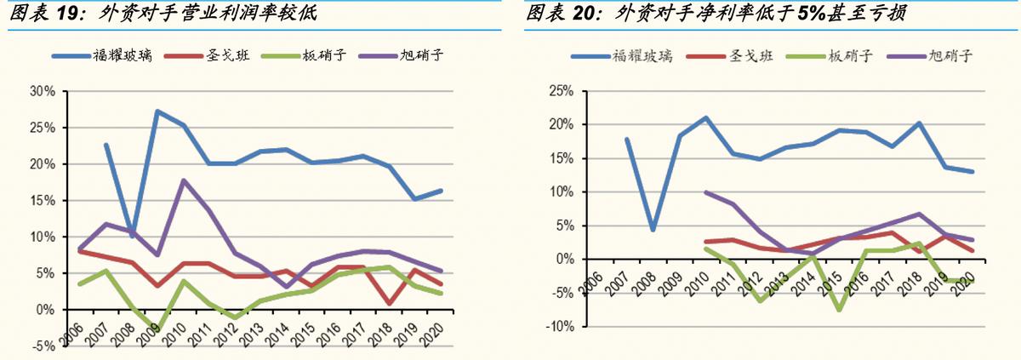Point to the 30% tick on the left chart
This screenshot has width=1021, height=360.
43,91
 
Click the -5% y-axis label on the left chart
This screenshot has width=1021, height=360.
43,346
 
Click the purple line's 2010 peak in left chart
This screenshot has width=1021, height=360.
183,180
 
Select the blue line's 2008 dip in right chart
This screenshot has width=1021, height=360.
652,230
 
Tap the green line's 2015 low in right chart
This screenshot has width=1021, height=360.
838,310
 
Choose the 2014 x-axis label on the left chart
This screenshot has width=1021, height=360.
278,330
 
